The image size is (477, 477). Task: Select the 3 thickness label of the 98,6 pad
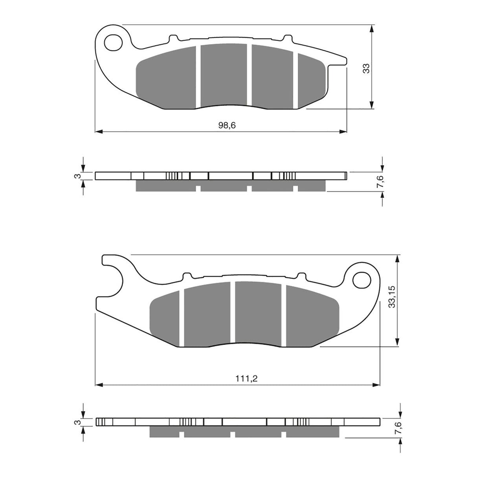click(x=78, y=176)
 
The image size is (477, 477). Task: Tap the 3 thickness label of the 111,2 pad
click(x=78, y=422)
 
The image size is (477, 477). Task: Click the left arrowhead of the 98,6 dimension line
click(x=99, y=131)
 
